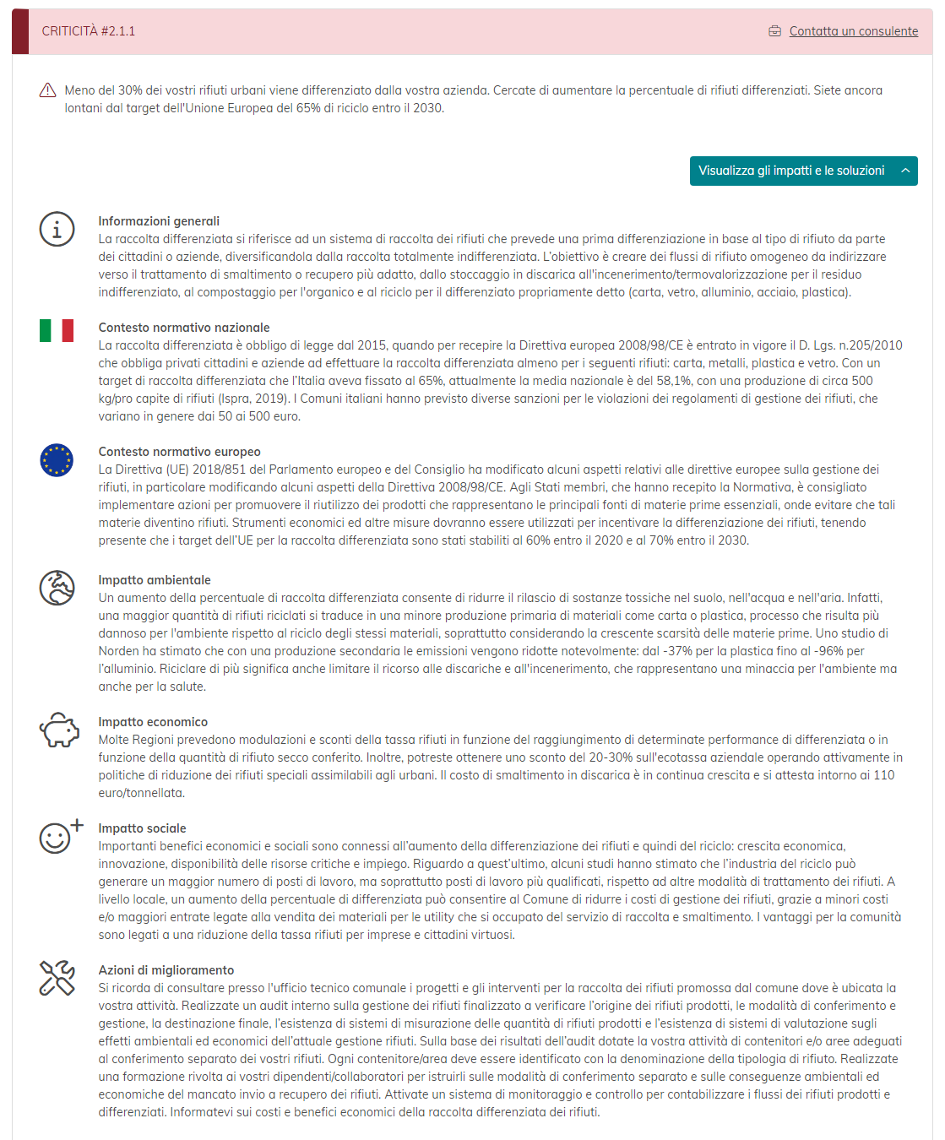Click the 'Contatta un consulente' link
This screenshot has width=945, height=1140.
point(853,31)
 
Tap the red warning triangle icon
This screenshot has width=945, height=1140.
point(48,90)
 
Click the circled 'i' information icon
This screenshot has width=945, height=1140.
point(57,229)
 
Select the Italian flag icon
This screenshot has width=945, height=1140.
point(57,330)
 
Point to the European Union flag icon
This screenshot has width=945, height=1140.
point(57,460)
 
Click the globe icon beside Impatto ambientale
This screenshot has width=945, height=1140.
point(57,588)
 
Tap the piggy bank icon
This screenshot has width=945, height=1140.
point(58,730)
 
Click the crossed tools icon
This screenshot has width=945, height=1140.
point(57,978)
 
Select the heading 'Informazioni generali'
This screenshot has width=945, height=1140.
point(159,221)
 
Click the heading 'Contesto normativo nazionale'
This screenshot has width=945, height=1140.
point(184,328)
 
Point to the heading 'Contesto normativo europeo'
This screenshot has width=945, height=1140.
point(179,452)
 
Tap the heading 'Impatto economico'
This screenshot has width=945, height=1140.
point(153,722)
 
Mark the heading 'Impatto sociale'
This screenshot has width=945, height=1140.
point(142,828)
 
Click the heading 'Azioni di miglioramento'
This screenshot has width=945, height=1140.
point(166,970)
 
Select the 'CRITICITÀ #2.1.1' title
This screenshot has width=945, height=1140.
point(89,31)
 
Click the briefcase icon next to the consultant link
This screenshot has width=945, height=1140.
point(775,31)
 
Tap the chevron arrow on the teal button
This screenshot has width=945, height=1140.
point(905,171)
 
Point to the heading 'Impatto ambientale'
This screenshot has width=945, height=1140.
point(155,580)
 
